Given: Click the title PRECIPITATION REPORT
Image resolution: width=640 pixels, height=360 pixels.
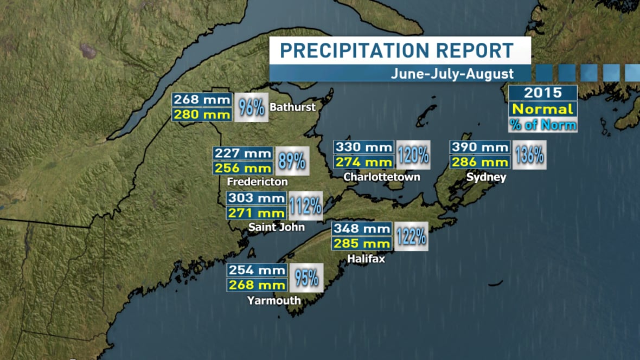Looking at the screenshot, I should click(396, 50).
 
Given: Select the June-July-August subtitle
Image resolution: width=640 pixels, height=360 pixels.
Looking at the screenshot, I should click(452, 74).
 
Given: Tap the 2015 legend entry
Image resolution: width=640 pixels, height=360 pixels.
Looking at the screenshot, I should click(542, 92).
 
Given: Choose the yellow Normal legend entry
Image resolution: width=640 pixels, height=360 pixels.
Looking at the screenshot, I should click(542, 109).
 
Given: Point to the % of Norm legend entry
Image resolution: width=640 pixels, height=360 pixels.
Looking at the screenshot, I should click(542, 124).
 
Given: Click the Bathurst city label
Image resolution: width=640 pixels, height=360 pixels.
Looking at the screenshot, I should click(293, 107).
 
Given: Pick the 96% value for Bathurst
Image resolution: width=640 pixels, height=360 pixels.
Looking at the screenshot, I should click(251, 107).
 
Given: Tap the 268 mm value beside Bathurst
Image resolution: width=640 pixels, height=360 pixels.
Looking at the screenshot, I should click(202, 100).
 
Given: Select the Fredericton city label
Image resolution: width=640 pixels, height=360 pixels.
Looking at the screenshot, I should click(258, 181).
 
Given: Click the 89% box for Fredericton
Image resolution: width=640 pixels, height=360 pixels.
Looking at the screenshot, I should click(292, 161).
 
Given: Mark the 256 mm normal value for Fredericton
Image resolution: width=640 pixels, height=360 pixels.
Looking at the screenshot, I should click(243, 168).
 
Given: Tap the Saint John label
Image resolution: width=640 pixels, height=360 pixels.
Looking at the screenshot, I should click(276, 227).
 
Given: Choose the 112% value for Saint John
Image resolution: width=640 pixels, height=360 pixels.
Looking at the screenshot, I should click(306, 206).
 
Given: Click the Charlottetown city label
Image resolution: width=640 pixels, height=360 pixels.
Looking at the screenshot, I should click(382, 177).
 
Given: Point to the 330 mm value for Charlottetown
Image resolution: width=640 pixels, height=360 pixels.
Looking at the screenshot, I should click(363, 147).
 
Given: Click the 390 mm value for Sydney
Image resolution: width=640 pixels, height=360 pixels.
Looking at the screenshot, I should click(480, 147).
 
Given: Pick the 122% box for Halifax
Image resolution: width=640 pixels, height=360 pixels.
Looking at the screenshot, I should click(411, 236).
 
